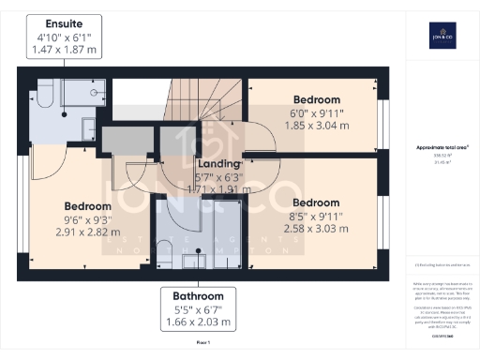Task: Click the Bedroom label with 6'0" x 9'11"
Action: pyautogui.click(x=317, y=98)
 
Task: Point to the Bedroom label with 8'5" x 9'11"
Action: pyautogui.click(x=315, y=202)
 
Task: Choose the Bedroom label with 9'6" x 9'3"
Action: pyautogui.click(x=87, y=206)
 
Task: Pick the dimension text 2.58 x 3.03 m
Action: pyautogui.click(x=315, y=227)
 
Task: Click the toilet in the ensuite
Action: pyautogui.click(x=44, y=97)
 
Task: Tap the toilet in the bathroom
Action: pyautogui.click(x=162, y=247)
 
